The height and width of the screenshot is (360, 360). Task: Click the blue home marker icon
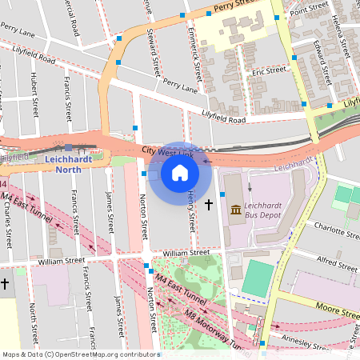point(179,172)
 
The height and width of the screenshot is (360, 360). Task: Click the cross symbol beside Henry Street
point(210,205)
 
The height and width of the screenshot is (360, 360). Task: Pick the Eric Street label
point(268,72)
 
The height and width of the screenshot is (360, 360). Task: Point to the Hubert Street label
point(34,95)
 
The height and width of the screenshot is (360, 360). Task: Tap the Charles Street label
point(7,227)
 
